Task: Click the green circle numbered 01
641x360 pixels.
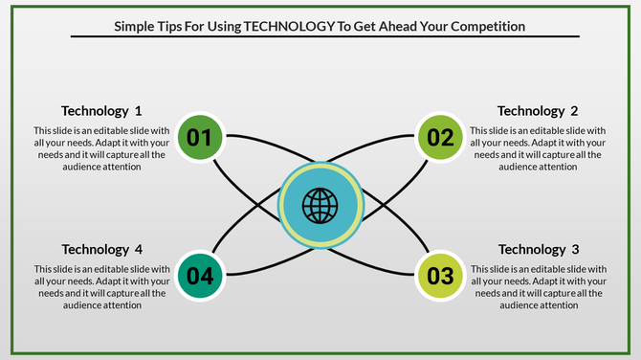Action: [x=199, y=137]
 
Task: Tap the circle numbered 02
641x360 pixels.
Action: [x=440, y=137]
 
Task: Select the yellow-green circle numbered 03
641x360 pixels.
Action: [x=440, y=277]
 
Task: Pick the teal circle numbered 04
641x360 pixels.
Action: [x=199, y=277]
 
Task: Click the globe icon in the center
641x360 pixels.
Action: [x=320, y=204]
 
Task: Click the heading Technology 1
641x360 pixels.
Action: [x=101, y=110]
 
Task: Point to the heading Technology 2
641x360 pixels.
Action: [x=538, y=110]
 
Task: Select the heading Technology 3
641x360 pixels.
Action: [x=538, y=250]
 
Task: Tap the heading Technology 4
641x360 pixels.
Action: [x=101, y=250]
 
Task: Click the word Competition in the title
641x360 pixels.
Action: [x=479, y=26]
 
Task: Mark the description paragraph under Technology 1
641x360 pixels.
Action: [x=101, y=148]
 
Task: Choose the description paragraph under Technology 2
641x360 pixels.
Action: [x=538, y=148]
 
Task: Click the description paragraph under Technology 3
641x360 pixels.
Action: [x=538, y=287]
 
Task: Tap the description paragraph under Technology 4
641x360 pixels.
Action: [x=101, y=287]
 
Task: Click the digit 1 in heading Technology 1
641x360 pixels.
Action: [x=138, y=110]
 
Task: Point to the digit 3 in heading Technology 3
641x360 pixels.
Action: [x=574, y=250]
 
